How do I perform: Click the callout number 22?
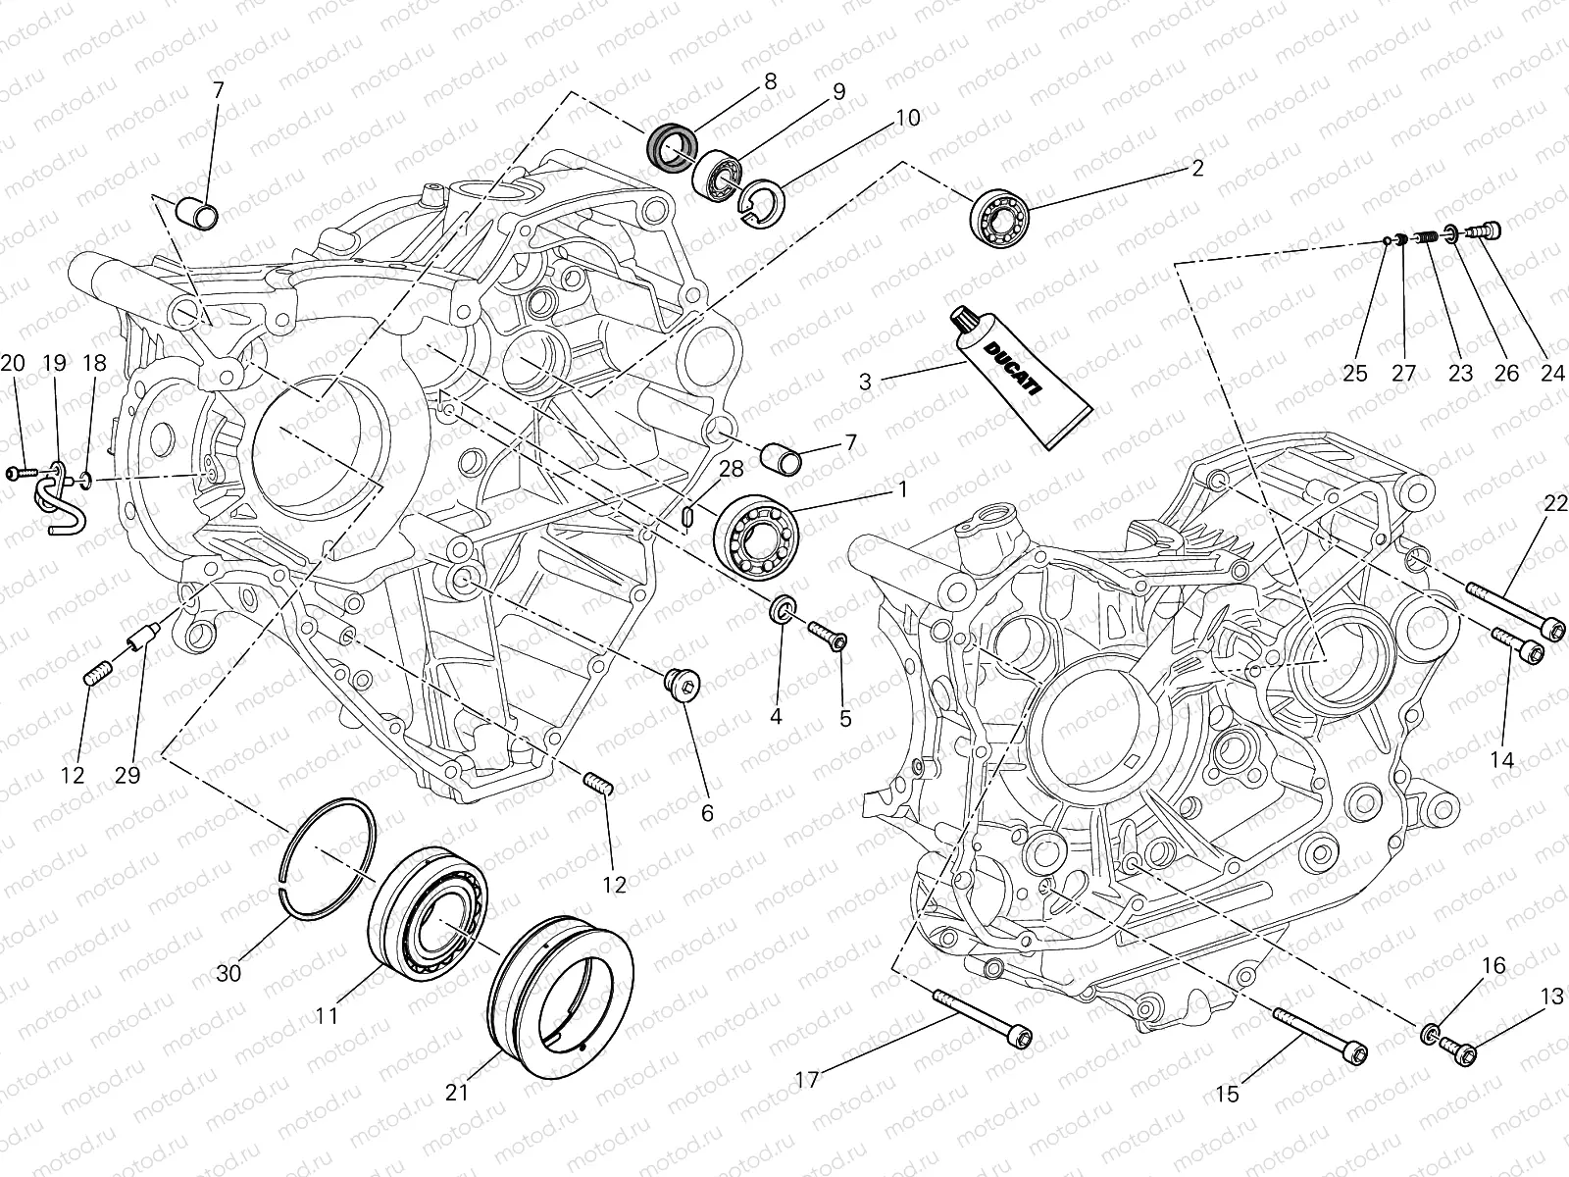point(1555,503)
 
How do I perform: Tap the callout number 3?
point(865,382)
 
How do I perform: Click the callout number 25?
point(1355,374)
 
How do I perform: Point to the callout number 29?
point(127,775)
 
